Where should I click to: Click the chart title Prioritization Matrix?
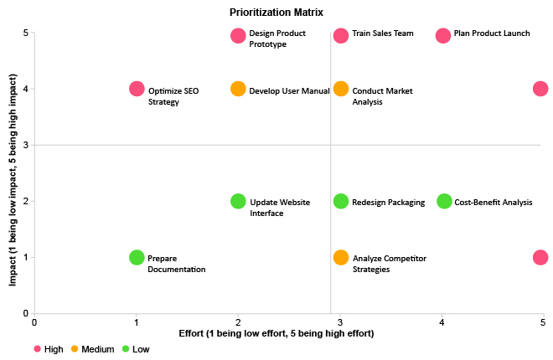click(x=276, y=13)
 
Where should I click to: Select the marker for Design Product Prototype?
click(x=238, y=36)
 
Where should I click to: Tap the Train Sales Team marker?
click(x=341, y=36)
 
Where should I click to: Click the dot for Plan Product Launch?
click(x=443, y=36)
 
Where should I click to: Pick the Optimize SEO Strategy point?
click(x=137, y=89)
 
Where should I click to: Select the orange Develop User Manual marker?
click(x=238, y=90)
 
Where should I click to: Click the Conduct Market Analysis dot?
click(x=341, y=90)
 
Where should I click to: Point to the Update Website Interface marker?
click(x=238, y=202)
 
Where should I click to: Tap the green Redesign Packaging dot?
click(x=341, y=202)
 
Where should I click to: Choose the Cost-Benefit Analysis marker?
click(x=444, y=202)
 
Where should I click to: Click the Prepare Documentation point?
click(x=137, y=258)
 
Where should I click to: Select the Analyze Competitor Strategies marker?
click(x=341, y=258)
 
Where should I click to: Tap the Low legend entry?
click(x=140, y=348)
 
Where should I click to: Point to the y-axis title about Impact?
click(x=13, y=173)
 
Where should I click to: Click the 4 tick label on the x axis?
click(x=442, y=321)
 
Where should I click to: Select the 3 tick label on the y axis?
click(x=25, y=146)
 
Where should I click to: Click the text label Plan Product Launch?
click(x=493, y=34)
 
